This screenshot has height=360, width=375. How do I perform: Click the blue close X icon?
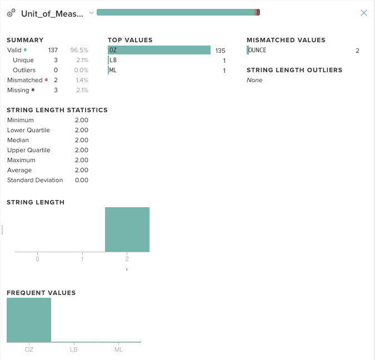364,13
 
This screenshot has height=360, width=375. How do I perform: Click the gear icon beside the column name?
11,13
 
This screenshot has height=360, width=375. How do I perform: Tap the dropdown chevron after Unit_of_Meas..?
91,12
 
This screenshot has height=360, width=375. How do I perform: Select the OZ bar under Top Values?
159,51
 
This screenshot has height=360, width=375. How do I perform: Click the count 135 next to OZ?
221,51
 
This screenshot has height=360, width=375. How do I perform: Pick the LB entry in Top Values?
113,61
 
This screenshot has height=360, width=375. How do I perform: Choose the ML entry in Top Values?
113,71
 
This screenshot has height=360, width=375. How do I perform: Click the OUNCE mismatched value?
257,51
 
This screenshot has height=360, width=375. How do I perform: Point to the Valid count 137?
53,50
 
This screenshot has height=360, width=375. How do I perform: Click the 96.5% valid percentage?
79,50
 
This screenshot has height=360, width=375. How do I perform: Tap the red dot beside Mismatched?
46,80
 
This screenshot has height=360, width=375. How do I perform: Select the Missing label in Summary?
17,90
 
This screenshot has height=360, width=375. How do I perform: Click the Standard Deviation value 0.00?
81,180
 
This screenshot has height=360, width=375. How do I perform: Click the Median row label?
18,140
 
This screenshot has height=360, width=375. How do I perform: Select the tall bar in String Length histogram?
127,229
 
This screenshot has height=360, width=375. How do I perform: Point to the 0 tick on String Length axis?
37,259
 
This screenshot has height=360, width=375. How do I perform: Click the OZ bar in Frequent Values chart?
29,319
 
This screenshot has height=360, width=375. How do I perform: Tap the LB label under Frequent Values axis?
74,349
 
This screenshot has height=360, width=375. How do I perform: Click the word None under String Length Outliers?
254,80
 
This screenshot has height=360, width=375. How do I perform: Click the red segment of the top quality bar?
256,12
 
